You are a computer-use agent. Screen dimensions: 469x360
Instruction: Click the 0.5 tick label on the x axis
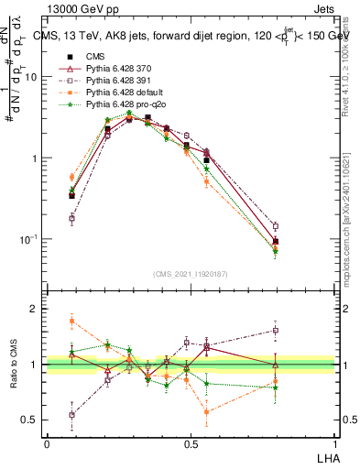click(191, 442)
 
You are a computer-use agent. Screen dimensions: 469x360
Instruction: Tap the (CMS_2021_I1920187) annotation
click(191, 272)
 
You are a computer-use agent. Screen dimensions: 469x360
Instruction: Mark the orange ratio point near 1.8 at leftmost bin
click(71, 320)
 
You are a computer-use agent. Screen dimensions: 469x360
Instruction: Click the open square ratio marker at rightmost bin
click(276, 331)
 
